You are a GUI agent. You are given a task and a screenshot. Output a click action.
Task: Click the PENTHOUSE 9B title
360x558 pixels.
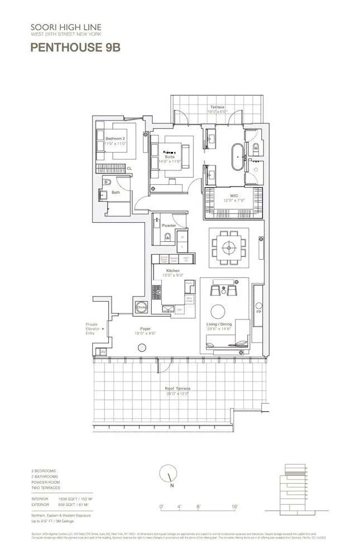click(75, 48)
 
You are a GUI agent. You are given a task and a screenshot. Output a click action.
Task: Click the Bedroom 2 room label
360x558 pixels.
click(116, 140)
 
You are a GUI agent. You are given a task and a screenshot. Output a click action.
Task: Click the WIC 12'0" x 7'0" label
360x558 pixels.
click(231, 198)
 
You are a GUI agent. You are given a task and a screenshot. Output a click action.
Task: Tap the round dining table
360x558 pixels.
click(228, 245)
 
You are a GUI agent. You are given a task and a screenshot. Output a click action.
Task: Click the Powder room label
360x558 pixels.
click(169, 226)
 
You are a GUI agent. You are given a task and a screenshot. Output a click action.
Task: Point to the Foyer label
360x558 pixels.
click(146, 331)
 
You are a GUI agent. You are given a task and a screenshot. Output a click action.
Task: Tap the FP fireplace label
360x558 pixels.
click(258, 311)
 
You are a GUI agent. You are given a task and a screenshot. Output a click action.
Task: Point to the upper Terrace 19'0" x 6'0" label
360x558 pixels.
click(217, 109)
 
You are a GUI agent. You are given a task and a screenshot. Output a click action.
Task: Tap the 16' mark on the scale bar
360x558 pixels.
click(235, 507)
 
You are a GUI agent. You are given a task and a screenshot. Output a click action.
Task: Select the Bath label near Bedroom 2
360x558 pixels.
click(116, 193)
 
